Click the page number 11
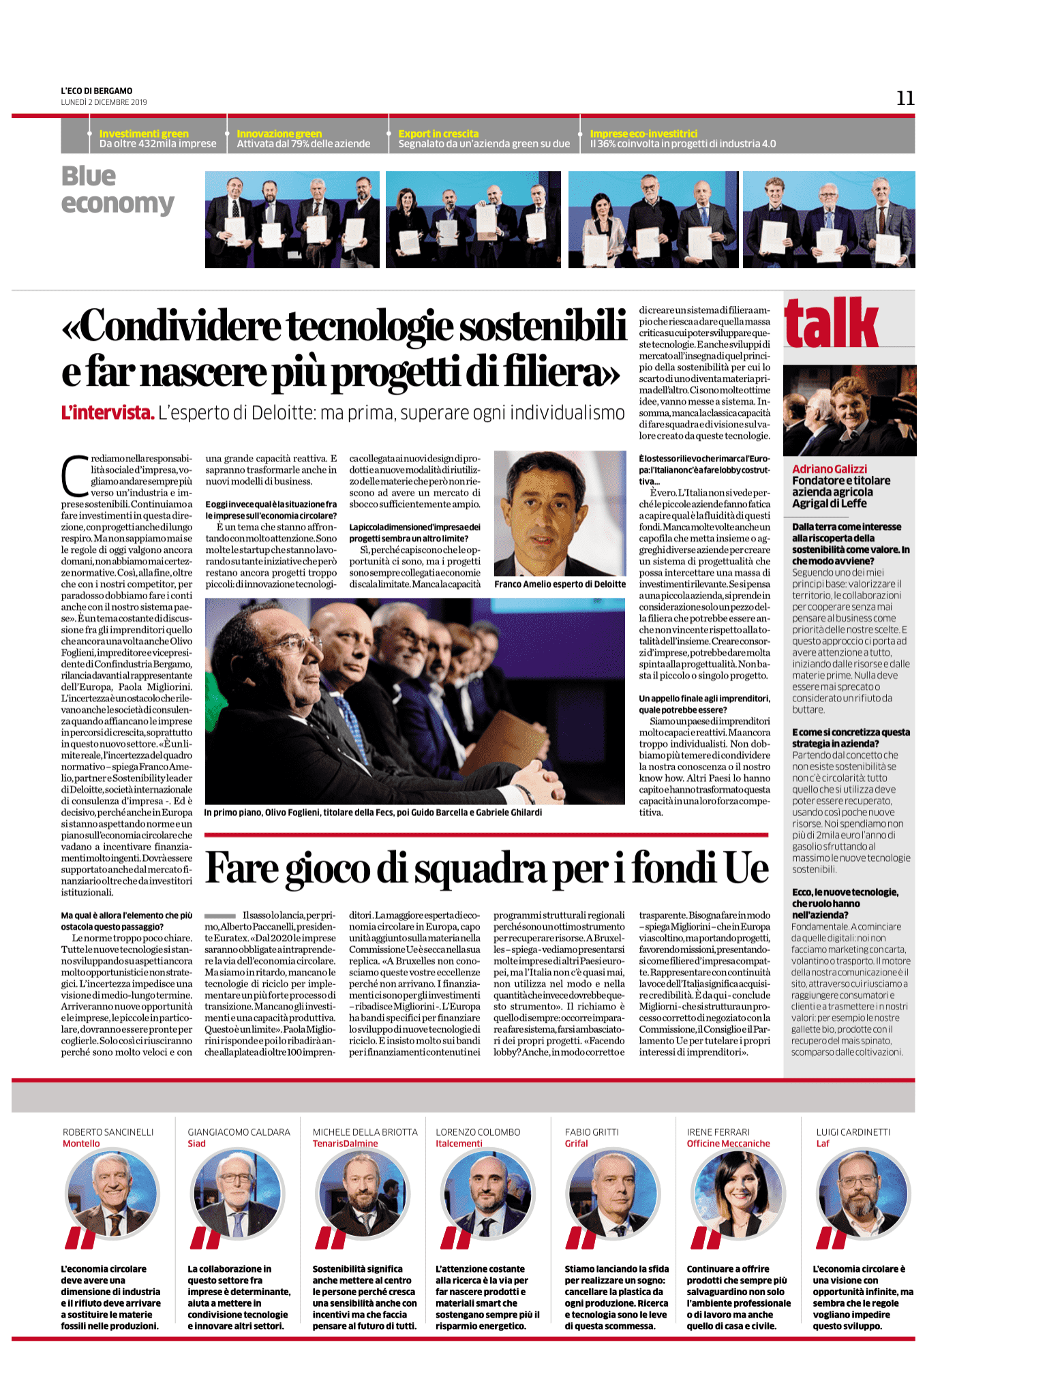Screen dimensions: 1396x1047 (905, 99)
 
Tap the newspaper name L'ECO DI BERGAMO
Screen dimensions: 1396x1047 (97, 91)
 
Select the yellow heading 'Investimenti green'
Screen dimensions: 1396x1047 (144, 134)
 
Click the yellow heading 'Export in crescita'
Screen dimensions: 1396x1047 (438, 134)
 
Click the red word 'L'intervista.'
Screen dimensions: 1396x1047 (108, 412)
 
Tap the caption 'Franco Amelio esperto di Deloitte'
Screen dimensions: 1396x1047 (560, 584)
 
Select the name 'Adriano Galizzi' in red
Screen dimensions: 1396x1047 (830, 469)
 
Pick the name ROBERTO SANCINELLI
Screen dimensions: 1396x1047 (108, 1132)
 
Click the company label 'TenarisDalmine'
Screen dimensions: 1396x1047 (345, 1144)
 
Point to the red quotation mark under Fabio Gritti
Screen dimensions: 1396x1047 (581, 1238)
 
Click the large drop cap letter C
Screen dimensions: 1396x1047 (75, 475)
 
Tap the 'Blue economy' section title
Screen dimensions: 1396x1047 (117, 189)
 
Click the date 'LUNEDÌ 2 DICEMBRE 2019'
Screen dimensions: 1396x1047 (104, 102)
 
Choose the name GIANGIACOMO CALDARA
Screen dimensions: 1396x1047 (239, 1132)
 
